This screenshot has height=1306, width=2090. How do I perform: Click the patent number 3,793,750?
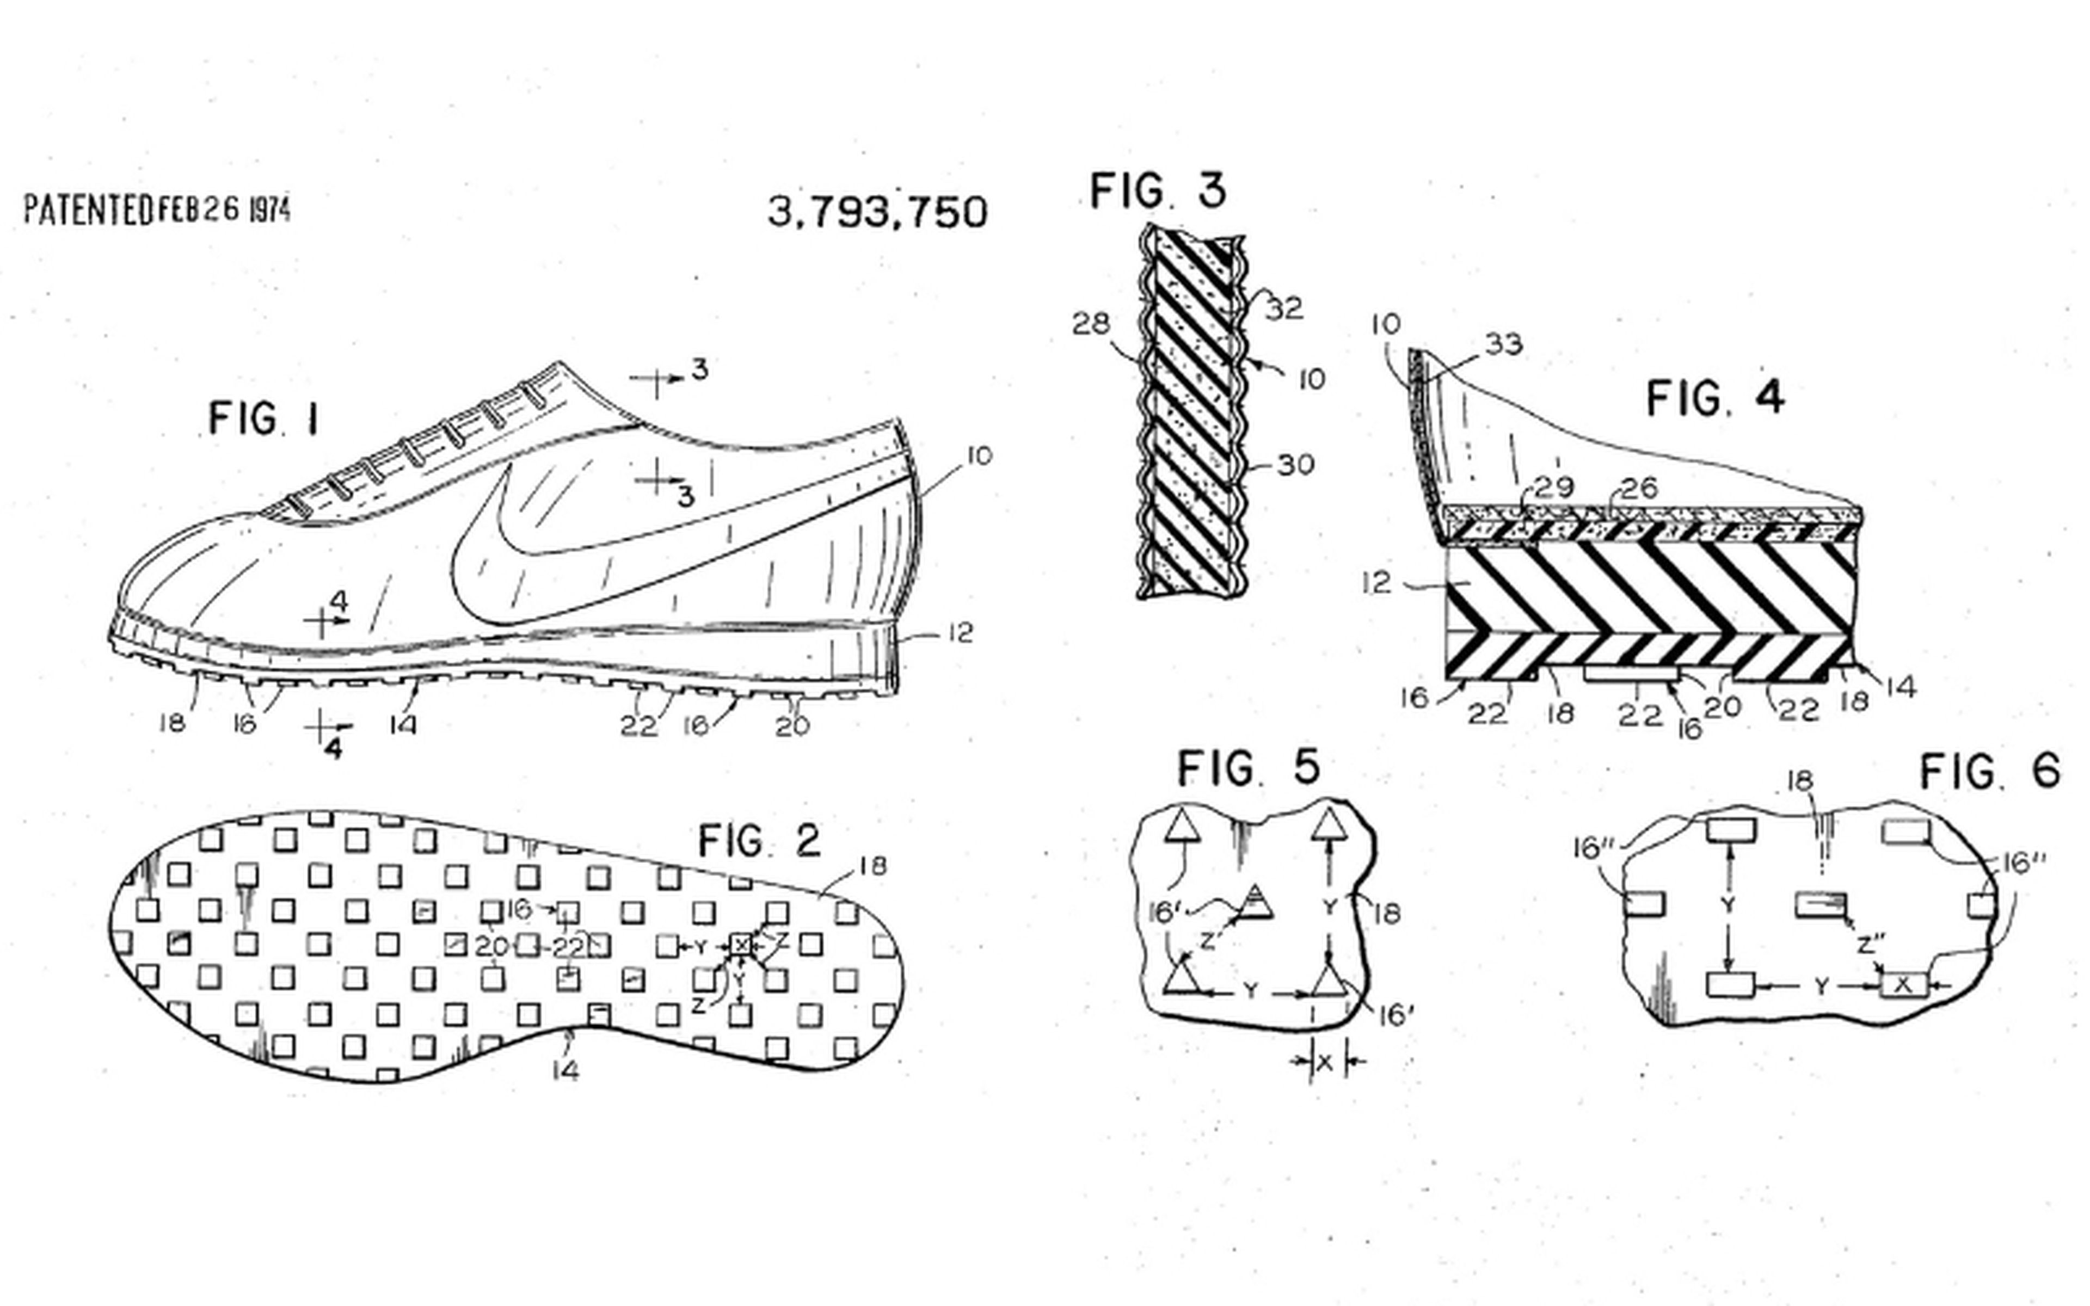tap(877, 212)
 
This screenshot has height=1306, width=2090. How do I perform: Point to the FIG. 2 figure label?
tap(759, 840)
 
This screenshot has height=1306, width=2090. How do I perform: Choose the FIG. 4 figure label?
tap(1715, 398)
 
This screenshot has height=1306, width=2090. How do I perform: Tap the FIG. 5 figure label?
tap(1249, 767)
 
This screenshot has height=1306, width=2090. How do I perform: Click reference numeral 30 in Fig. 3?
tap(1295, 465)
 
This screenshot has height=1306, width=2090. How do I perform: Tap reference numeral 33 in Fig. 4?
tap(1504, 344)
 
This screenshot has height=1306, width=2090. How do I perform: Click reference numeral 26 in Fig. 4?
tap(1639, 488)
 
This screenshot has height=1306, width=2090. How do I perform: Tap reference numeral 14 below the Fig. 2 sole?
tap(565, 1071)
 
